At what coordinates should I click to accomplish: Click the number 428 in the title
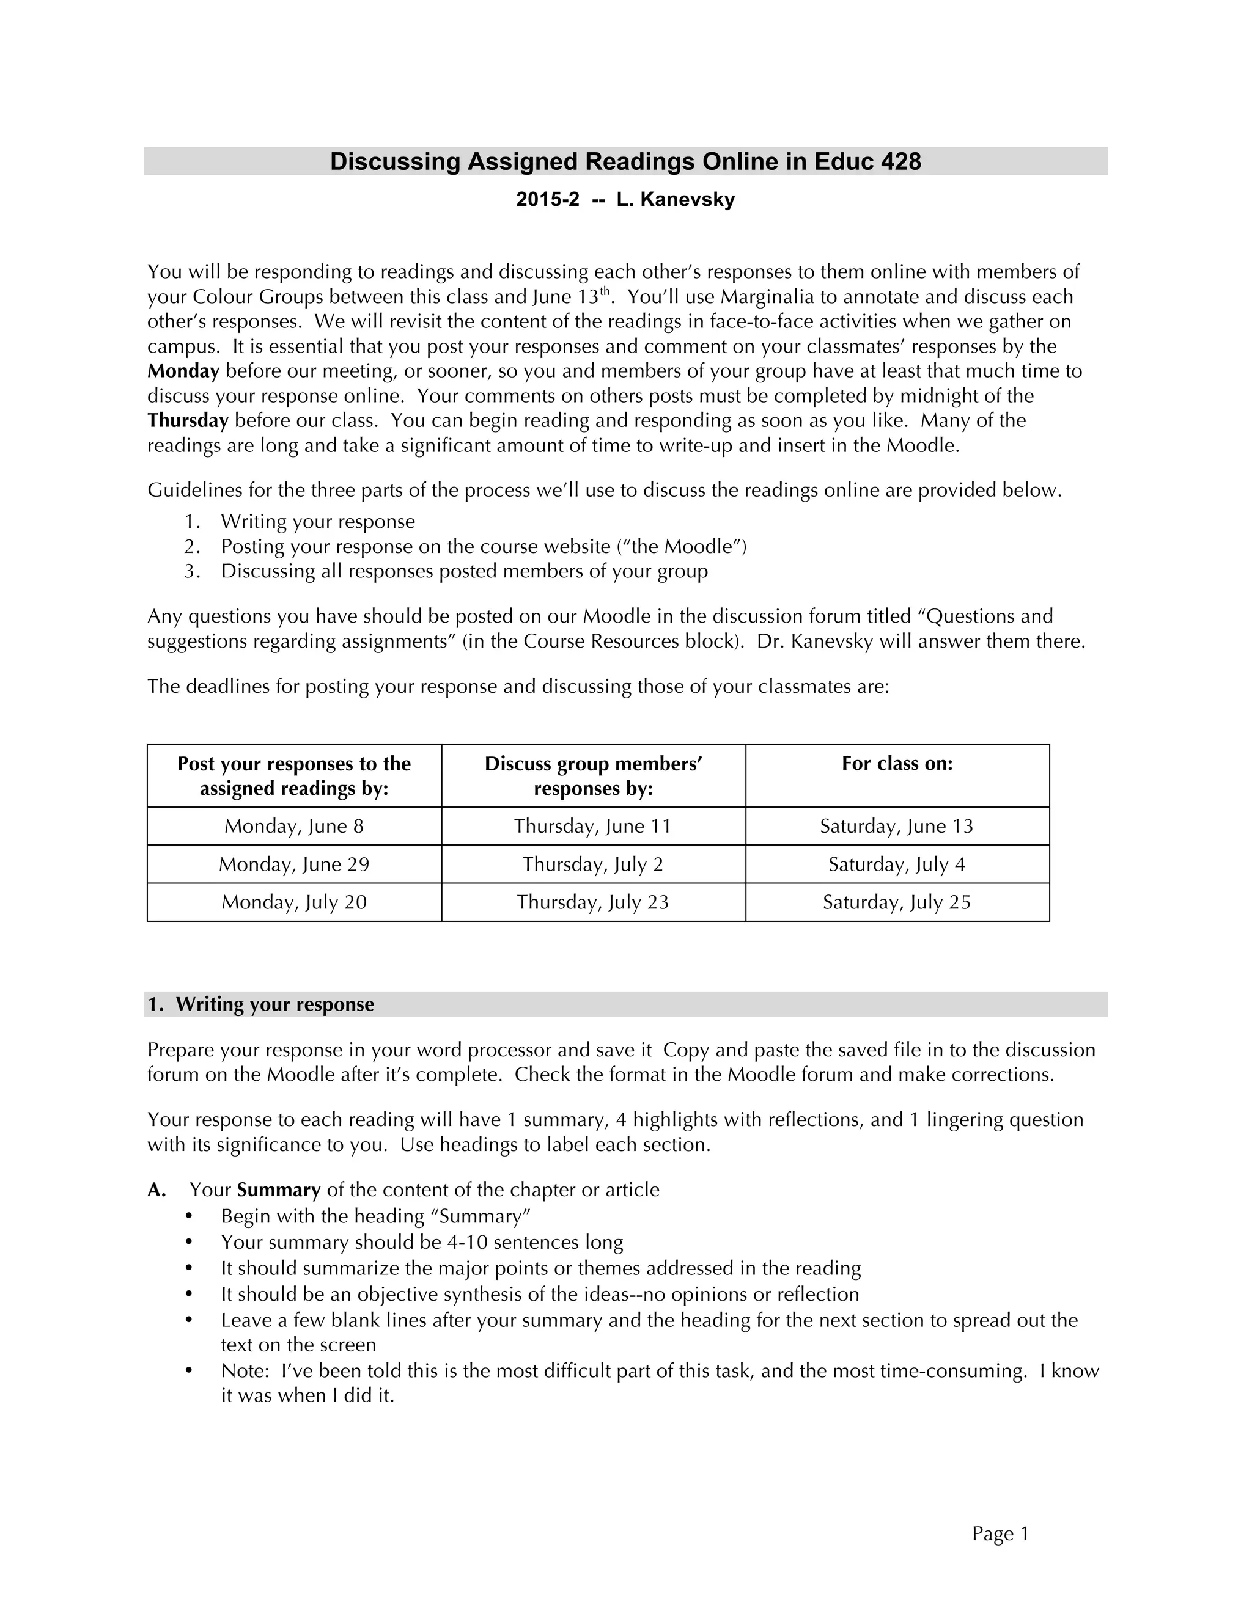coord(900,162)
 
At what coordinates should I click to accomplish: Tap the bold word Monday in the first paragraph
coord(183,371)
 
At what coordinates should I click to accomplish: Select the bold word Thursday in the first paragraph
coord(188,420)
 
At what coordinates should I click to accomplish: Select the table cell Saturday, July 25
coord(896,902)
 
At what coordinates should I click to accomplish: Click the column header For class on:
coord(897,764)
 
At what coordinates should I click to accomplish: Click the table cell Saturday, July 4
coord(896,864)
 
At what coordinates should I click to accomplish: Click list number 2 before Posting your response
coord(191,546)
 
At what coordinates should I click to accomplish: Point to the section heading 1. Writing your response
coord(260,1004)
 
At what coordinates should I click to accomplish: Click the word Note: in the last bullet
coord(244,1371)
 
